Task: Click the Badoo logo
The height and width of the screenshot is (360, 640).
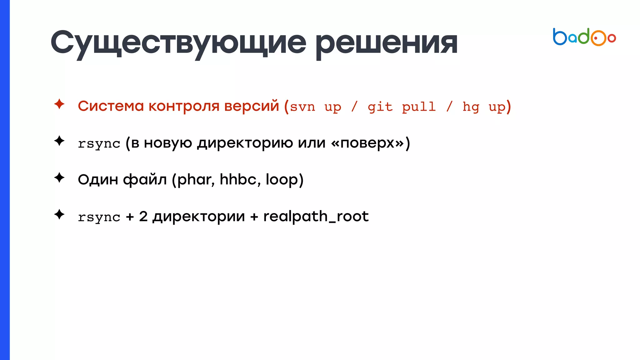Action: [584, 37]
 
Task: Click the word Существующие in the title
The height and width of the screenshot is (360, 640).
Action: [178, 43]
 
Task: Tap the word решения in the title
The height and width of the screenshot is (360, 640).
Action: [387, 43]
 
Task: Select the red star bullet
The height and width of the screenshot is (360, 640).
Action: [59, 104]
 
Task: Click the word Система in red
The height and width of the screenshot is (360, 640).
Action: [111, 106]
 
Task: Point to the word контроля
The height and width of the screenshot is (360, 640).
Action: [184, 106]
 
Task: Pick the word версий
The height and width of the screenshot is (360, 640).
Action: [252, 106]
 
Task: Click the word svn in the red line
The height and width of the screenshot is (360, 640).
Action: [302, 107]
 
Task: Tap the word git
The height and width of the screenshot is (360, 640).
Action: [380, 107]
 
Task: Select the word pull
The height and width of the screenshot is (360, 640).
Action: [419, 107]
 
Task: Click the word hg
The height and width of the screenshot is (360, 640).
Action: [471, 107]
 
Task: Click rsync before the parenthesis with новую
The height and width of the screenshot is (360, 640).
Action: [99, 144]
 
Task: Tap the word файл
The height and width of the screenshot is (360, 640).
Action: [145, 180]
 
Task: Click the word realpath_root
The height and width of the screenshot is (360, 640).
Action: [316, 217]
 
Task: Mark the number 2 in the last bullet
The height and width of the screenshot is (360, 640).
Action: [143, 216]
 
